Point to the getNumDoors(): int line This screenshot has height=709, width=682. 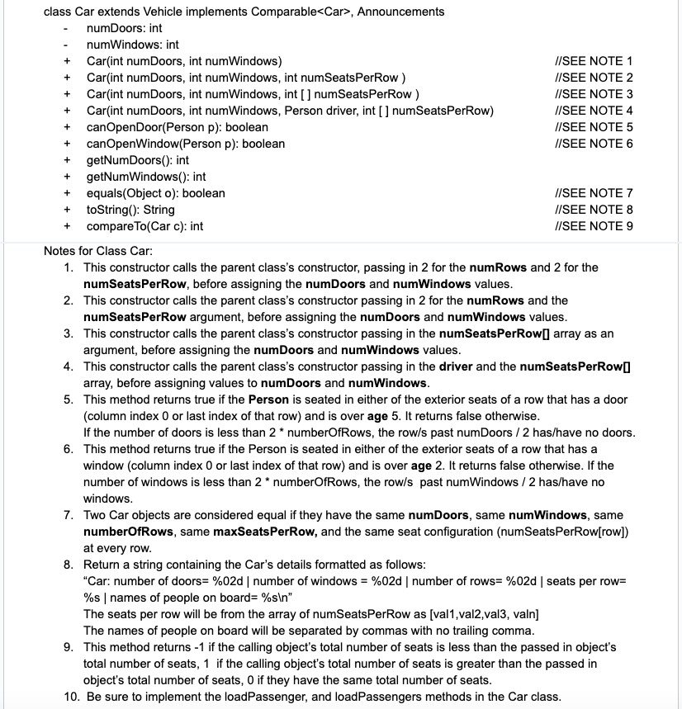pyautogui.click(x=137, y=160)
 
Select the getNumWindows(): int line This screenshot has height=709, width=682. pyautogui.click(x=145, y=177)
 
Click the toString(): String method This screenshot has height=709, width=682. pyautogui.click(x=130, y=210)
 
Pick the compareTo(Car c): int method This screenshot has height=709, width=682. pyautogui.click(x=144, y=226)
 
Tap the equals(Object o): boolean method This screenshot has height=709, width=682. pyautogui.click(x=155, y=193)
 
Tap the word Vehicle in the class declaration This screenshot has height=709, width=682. pyautogui.click(x=147, y=12)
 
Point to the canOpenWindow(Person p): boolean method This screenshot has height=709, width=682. pyautogui.click(x=185, y=144)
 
